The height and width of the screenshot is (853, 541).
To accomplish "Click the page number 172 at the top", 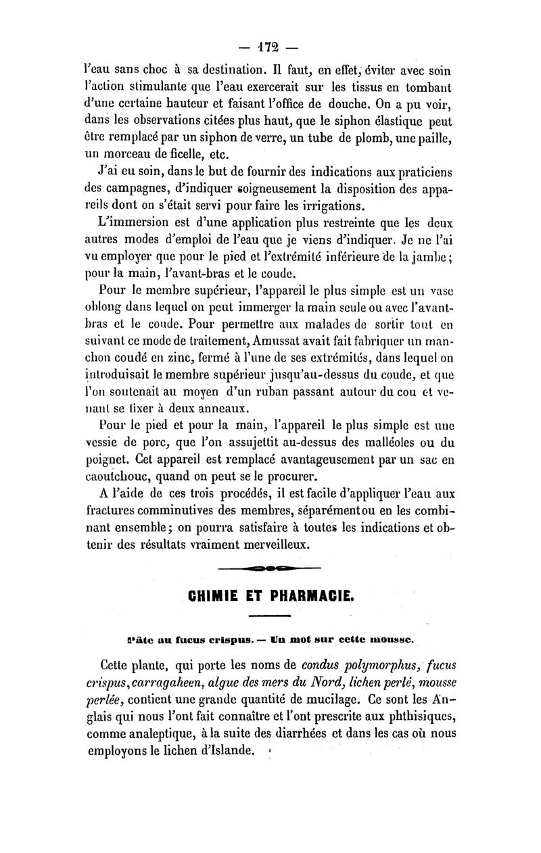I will click(270, 48).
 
